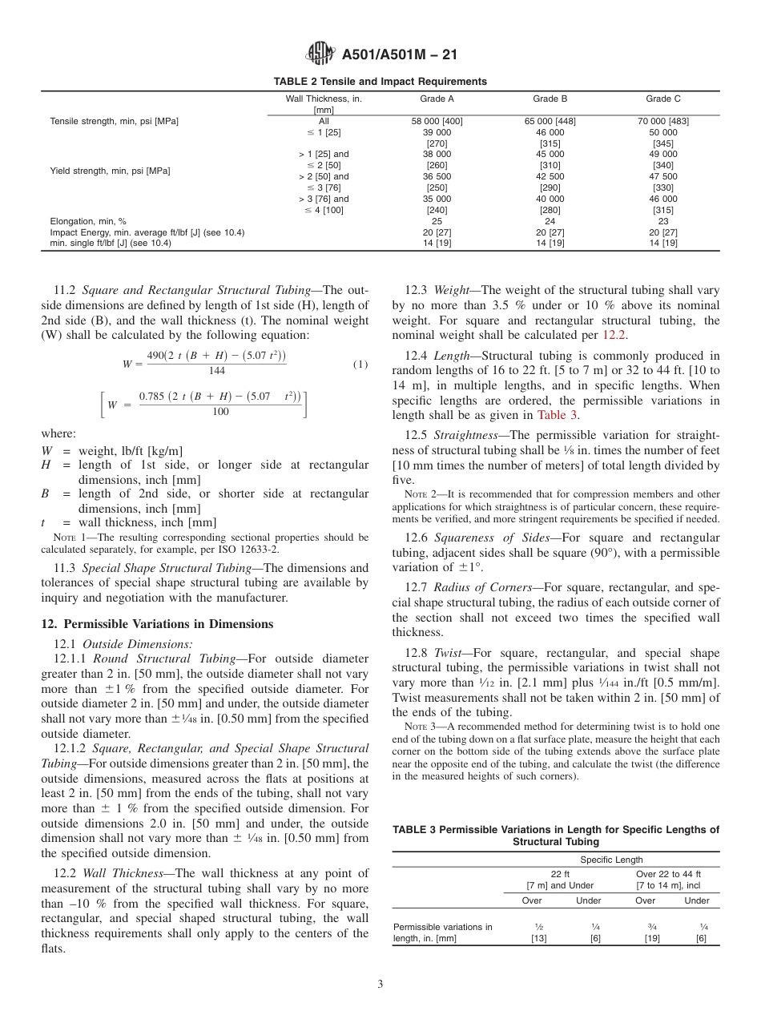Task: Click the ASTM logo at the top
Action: [320, 54]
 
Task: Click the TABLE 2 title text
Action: [380, 82]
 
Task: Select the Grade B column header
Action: [550, 99]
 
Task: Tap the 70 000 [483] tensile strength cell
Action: [662, 122]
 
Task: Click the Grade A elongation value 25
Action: [437, 221]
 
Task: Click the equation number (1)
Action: [360, 364]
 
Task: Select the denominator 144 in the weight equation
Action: [215, 372]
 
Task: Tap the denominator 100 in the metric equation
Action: [220, 412]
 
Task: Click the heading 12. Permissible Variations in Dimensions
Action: [157, 624]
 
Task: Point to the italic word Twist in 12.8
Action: [448, 653]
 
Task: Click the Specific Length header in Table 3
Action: [611, 860]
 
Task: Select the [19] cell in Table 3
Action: [652, 938]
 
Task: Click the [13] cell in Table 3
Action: [538, 938]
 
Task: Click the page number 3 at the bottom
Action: [380, 985]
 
